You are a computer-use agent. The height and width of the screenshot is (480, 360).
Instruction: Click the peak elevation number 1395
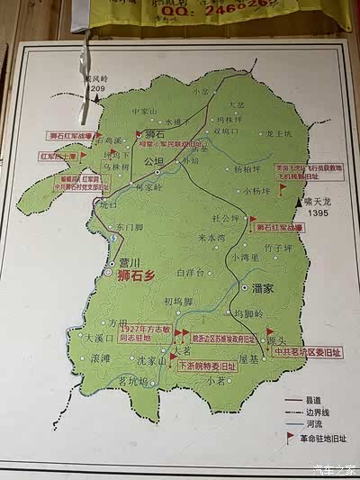tap(313, 213)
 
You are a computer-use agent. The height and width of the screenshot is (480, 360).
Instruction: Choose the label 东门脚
tap(130, 228)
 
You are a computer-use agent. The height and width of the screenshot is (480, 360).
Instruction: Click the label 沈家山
tap(152, 361)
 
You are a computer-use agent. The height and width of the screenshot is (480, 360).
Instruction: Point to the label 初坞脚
tap(179, 302)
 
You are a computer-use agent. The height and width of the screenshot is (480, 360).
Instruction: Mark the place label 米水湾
tap(213, 239)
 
